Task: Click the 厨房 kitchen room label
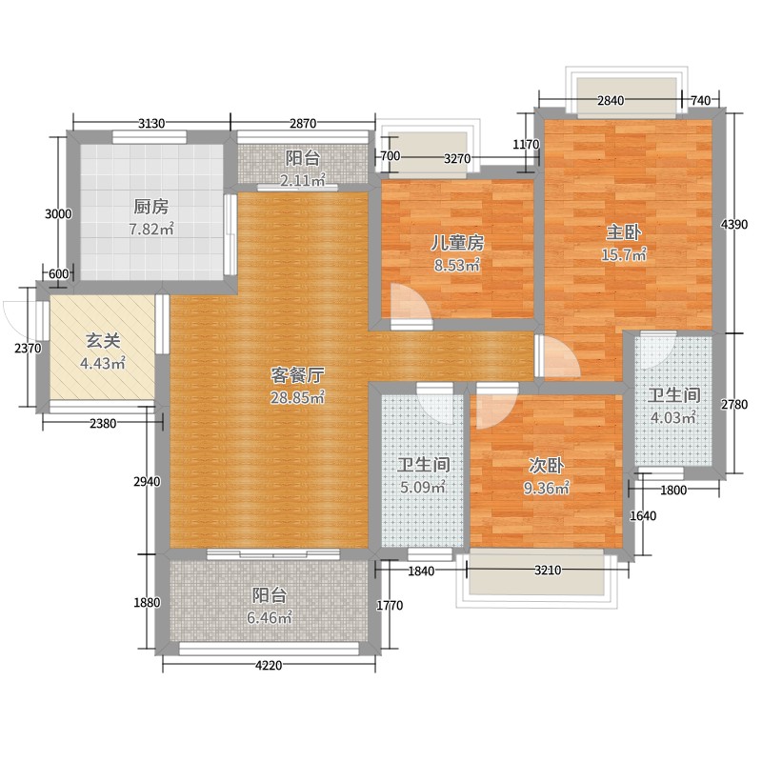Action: [x=151, y=207]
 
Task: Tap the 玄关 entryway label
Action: [x=103, y=341]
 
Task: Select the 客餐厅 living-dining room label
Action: [x=297, y=375]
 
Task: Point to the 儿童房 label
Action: [x=457, y=243]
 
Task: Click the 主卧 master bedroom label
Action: [x=624, y=232]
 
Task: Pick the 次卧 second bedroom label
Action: [x=546, y=466]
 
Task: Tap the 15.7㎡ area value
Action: [x=624, y=254]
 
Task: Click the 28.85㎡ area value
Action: [x=297, y=397]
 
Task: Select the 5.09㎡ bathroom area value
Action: [x=423, y=487]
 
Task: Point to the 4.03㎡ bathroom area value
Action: [x=673, y=417]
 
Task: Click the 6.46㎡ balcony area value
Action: [x=270, y=617]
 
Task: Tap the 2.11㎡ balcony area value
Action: [x=302, y=180]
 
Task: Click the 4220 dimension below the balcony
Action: [x=269, y=665]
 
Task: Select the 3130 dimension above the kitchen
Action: [x=151, y=124]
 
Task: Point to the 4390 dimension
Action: [x=733, y=224]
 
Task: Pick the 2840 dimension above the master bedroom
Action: [x=611, y=101]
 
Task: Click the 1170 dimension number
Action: [x=527, y=145]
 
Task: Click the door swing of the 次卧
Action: [x=494, y=410]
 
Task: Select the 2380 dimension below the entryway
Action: [x=103, y=423]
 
